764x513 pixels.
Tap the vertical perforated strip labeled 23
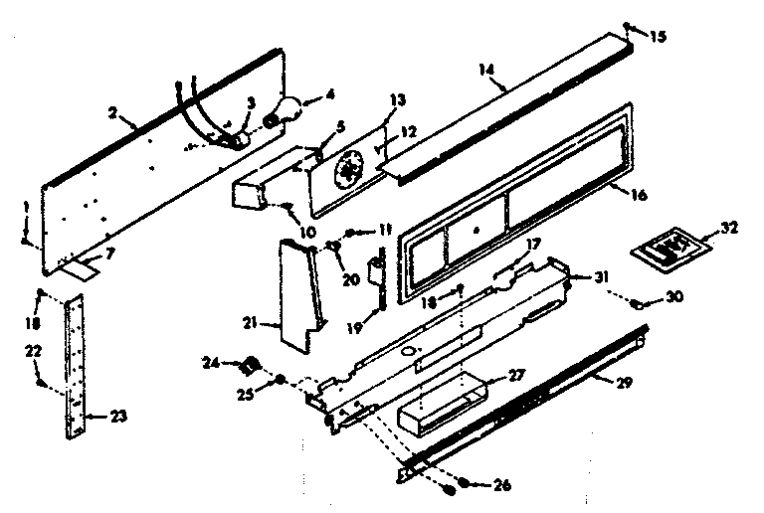pos(71,368)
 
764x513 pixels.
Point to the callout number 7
pos(110,255)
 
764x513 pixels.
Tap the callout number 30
pos(676,296)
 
